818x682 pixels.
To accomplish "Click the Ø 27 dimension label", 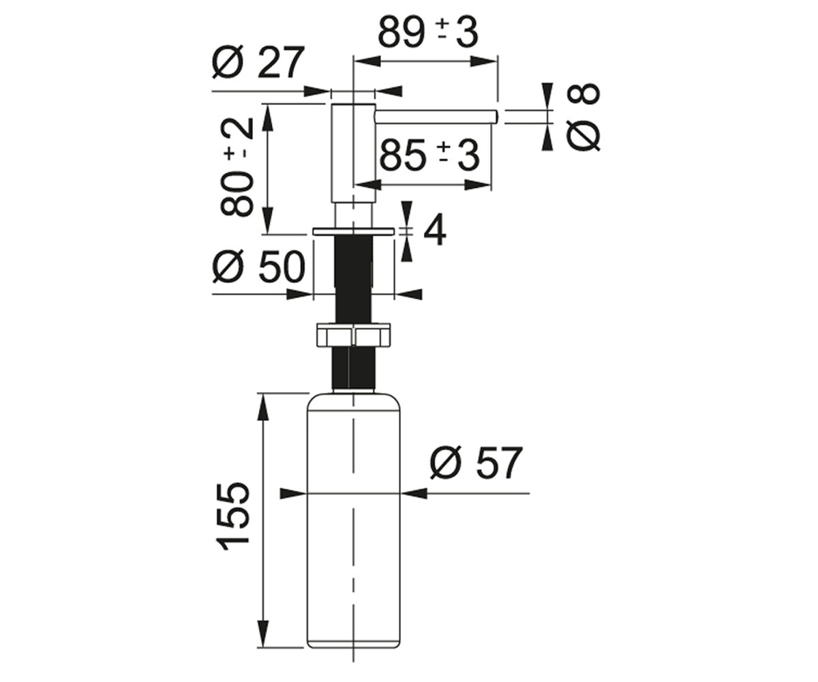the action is point(258,63).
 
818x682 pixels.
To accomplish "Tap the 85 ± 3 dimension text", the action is point(429,155).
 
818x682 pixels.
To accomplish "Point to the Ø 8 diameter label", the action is point(584,117).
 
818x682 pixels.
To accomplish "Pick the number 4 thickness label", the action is point(434,232).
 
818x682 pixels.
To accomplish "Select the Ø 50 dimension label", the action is point(258,267).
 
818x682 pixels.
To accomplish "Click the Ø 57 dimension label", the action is point(476,462).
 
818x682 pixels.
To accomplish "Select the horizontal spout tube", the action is point(436,117).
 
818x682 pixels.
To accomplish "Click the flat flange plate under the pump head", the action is point(353,231).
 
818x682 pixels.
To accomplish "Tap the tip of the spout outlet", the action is point(498,117).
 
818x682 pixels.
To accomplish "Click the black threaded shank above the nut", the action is point(352,280).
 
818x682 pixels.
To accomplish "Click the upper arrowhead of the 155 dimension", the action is point(262,408).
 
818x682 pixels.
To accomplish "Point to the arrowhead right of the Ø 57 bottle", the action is point(414,494).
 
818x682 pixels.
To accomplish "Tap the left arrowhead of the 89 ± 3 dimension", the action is point(367,61).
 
